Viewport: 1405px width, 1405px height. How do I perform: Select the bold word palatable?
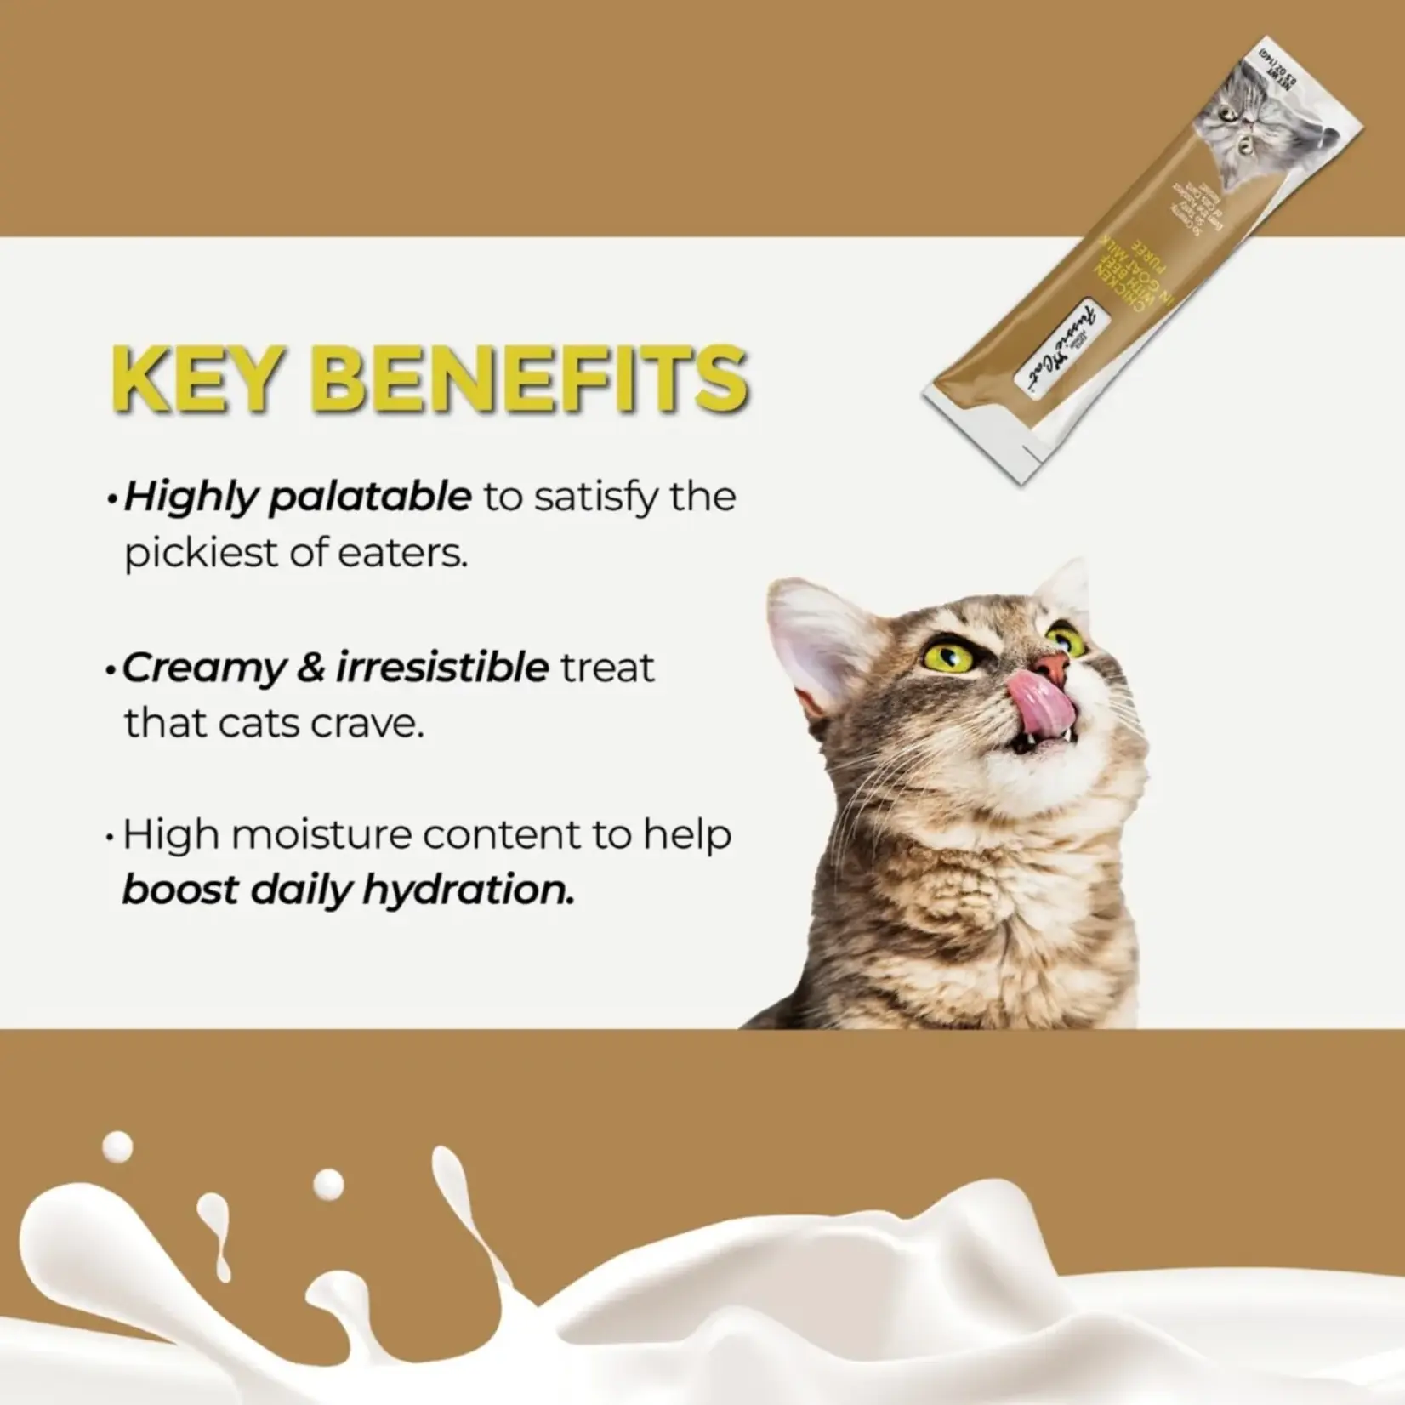pyautogui.click(x=369, y=497)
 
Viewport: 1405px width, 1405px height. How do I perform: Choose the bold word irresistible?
pyautogui.click(x=442, y=668)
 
